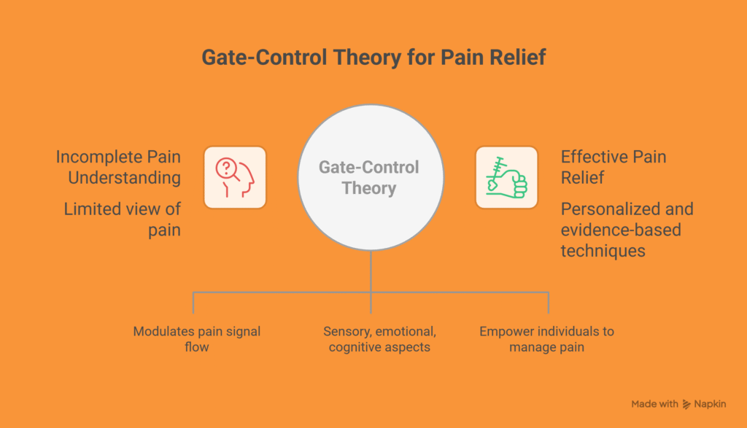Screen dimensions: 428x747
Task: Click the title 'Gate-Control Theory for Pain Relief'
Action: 373,58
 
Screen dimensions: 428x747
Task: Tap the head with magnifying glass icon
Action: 235,177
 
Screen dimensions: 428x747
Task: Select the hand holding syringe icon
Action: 506,177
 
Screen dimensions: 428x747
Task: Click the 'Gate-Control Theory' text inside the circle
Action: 369,178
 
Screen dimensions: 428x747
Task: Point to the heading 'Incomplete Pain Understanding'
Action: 118,167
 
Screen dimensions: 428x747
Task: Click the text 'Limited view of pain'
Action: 122,219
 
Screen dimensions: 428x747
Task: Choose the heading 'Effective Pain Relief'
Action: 613,167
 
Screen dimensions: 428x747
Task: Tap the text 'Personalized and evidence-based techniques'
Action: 627,230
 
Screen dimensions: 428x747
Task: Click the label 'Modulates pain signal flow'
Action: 196,339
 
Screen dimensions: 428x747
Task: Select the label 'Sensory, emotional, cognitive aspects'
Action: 379,339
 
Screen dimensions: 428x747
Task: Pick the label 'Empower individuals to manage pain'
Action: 546,339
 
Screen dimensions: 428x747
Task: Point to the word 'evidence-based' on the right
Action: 620,230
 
